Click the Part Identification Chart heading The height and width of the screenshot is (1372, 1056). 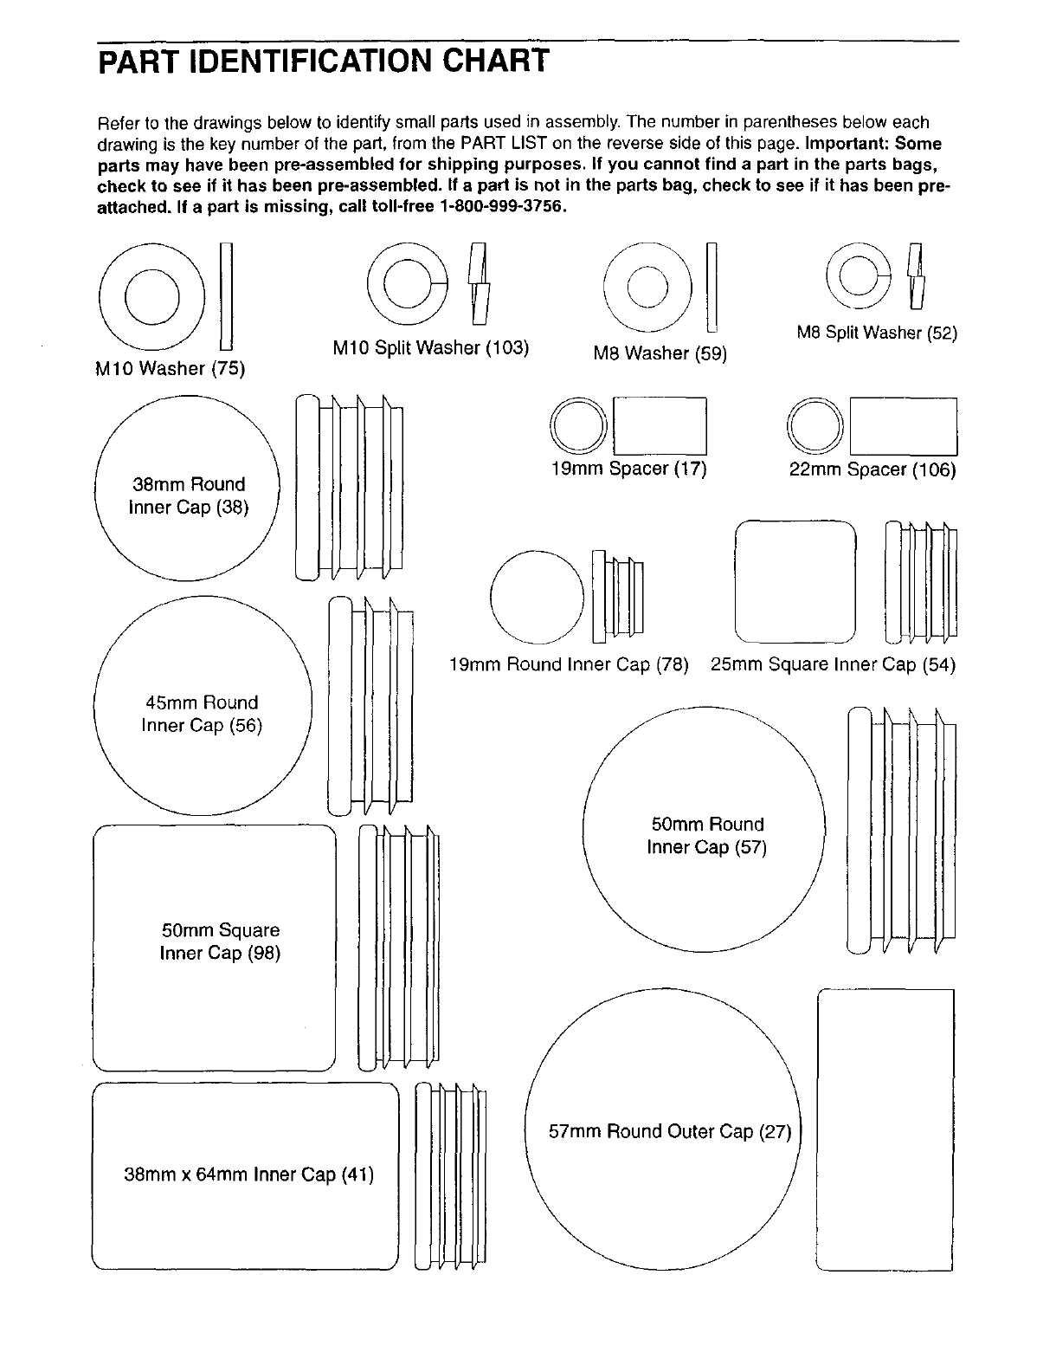[x=323, y=62]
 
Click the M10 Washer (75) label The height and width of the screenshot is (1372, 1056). [x=171, y=369]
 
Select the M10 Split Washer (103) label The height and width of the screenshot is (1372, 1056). [x=430, y=348]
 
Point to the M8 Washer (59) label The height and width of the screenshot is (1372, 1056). [x=660, y=353]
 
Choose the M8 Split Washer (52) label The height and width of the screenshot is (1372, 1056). [x=877, y=333]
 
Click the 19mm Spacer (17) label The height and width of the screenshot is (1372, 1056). [x=628, y=469]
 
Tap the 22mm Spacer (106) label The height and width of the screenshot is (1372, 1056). [x=872, y=470]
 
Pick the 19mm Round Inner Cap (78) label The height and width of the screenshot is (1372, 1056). [x=569, y=665]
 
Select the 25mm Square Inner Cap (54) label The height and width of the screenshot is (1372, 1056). [x=833, y=665]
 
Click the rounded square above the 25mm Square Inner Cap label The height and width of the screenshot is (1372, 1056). [x=795, y=582]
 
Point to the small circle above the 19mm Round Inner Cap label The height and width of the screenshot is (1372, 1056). [x=538, y=598]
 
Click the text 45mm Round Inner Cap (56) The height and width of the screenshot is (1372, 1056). [x=201, y=714]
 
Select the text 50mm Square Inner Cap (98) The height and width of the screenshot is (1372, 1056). [x=221, y=942]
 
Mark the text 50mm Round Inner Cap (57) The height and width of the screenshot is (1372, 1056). [x=707, y=836]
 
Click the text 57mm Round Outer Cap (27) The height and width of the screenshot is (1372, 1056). [x=670, y=1132]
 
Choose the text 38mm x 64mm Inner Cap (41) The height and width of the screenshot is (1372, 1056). [x=249, y=1175]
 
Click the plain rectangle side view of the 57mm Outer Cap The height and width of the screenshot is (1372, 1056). [x=885, y=1129]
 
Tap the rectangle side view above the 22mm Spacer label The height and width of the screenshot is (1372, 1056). [x=904, y=426]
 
